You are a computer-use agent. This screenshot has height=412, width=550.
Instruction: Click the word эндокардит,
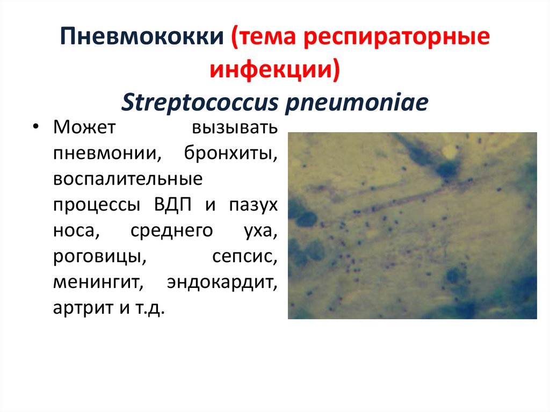tap(222, 283)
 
